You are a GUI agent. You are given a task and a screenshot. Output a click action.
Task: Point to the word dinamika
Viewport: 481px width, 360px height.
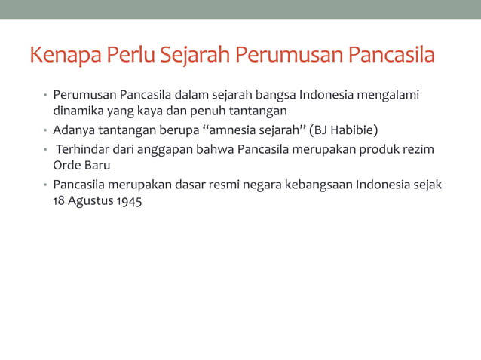click(78, 112)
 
